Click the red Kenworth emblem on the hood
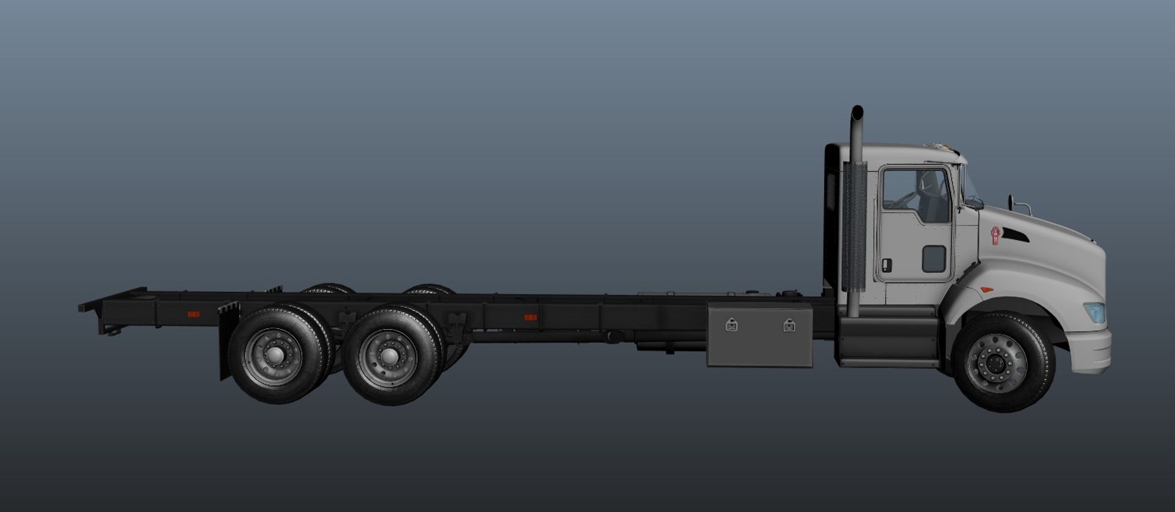click(996, 236)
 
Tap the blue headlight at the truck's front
click(1096, 312)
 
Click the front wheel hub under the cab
click(996, 363)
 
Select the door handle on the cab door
click(887, 265)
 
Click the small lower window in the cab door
click(934, 259)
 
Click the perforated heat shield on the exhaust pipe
click(854, 226)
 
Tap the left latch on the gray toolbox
click(731, 325)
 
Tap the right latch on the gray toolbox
click(789, 325)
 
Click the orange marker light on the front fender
click(987, 289)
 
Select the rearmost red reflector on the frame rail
click(193, 314)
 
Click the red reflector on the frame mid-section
click(531, 317)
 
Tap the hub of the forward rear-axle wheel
click(387, 357)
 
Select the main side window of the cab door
click(916, 195)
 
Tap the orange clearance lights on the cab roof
click(946, 147)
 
